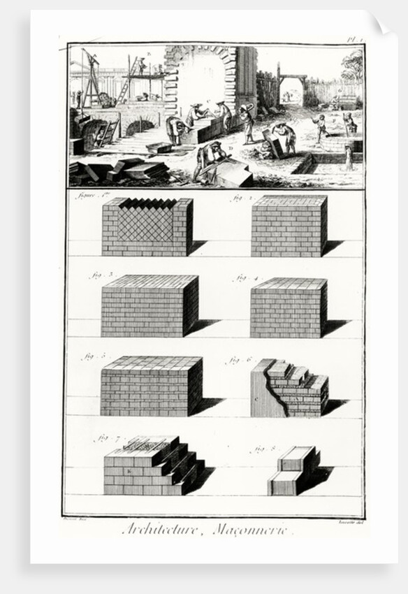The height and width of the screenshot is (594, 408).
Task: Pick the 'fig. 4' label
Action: click(246, 277)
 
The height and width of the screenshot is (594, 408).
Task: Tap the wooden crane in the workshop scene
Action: click(90, 77)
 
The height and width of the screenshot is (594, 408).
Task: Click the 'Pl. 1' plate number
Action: click(354, 41)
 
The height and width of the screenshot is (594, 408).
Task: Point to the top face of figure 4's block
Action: click(289, 284)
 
